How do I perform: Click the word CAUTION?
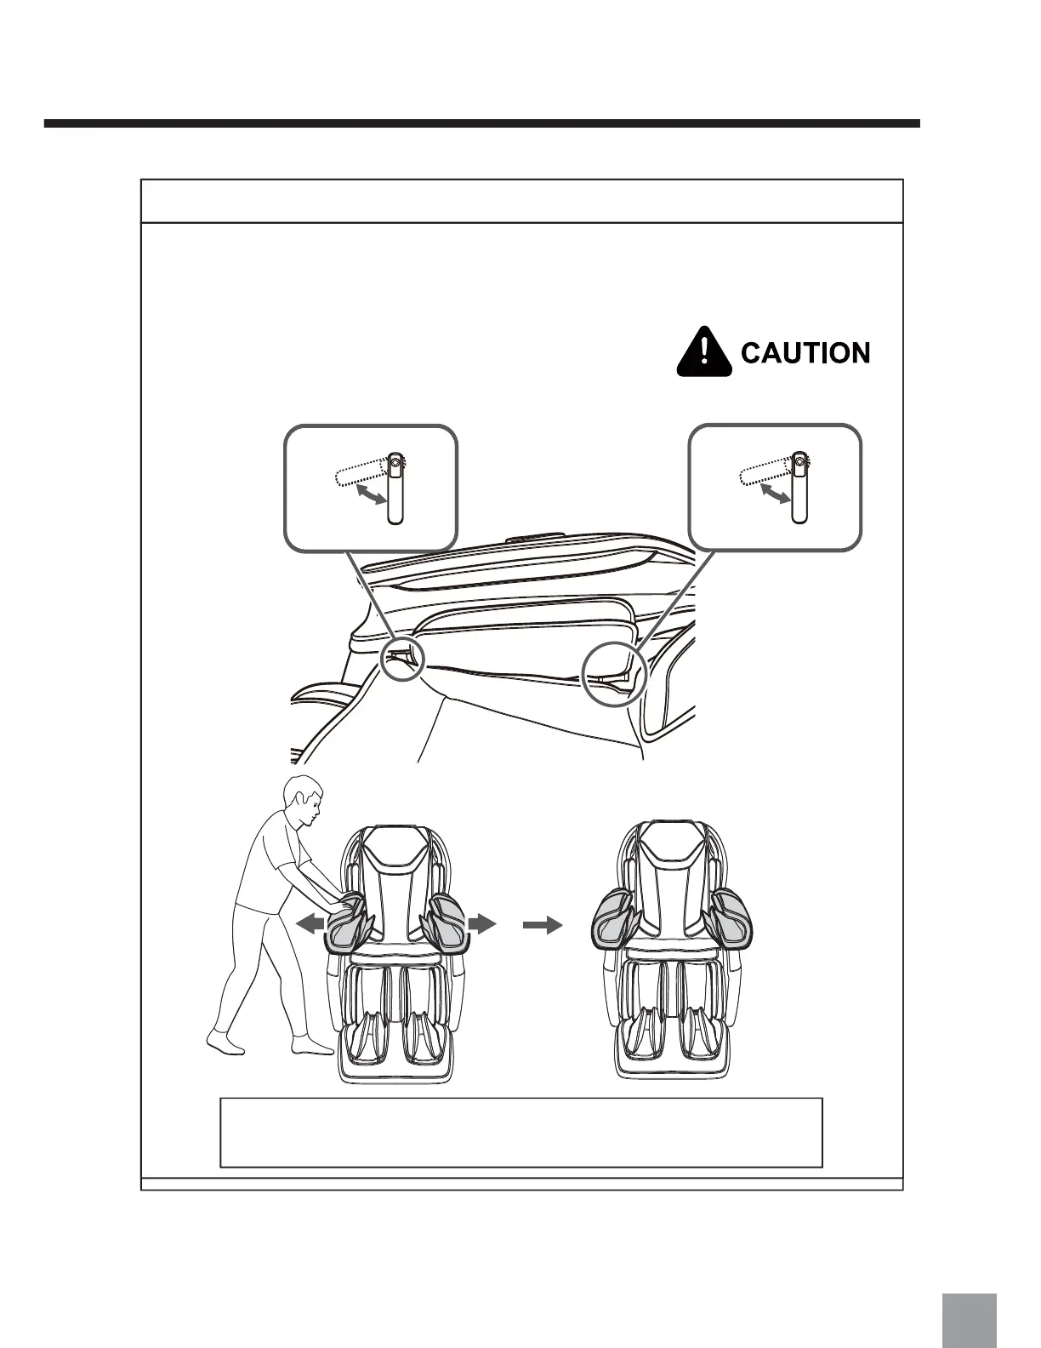(x=805, y=352)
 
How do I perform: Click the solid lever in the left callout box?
(x=395, y=488)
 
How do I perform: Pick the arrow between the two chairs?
(x=543, y=925)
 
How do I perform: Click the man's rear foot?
(x=225, y=1040)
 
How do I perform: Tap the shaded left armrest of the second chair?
(x=613, y=918)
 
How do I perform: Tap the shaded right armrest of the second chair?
(x=731, y=918)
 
